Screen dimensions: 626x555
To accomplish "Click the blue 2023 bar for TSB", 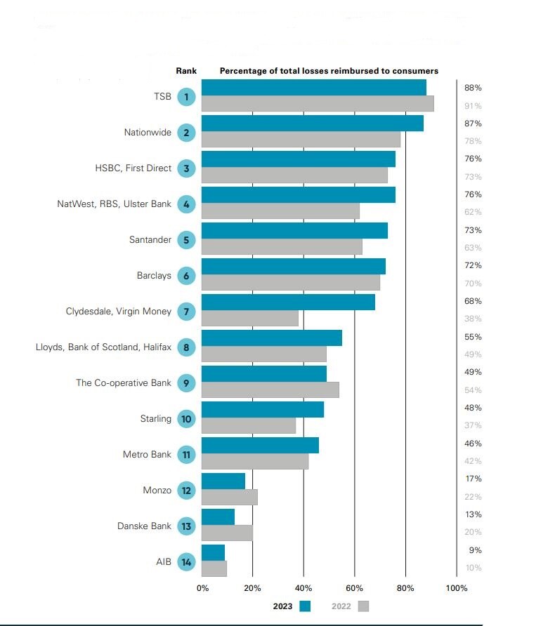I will [x=313, y=88].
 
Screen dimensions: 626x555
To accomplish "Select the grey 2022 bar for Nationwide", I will [x=301, y=140].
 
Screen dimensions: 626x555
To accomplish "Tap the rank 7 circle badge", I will [x=186, y=311].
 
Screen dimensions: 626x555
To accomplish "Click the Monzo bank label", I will [x=157, y=490].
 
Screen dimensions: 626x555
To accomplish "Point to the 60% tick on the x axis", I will [x=354, y=588].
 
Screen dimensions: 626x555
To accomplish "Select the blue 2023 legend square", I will [x=305, y=606].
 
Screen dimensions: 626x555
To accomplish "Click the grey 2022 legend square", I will [x=363, y=606].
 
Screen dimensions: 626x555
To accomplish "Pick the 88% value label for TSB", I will [x=473, y=88].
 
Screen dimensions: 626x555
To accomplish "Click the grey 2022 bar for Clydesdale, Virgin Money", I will [x=249, y=319].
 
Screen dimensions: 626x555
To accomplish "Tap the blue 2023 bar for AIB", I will [x=213, y=552].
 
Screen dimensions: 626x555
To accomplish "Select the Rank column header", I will [x=186, y=71].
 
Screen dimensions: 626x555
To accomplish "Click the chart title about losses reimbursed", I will [x=329, y=71].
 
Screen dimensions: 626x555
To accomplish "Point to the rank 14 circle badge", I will [x=186, y=561].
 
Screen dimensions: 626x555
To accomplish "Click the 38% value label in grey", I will [x=473, y=319].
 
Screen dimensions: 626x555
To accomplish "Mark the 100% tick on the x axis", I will [x=456, y=588].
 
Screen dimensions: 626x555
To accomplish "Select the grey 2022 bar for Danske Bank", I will [x=227, y=533].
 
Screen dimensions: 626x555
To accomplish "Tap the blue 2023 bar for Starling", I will [x=262, y=409].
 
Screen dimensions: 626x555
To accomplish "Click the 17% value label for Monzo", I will [x=473, y=479].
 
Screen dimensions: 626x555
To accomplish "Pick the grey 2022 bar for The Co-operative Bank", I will [x=270, y=390].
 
